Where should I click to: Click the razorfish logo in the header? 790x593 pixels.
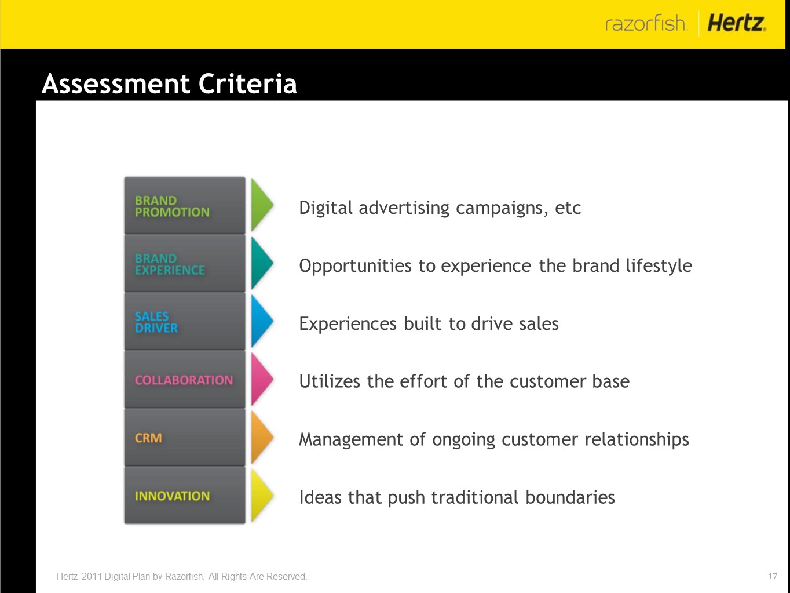(x=646, y=23)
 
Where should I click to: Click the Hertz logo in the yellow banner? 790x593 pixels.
(x=737, y=23)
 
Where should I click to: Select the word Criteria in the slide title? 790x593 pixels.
(x=248, y=83)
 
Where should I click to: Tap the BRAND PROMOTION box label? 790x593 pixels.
(x=172, y=206)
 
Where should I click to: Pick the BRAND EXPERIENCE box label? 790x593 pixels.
(x=170, y=264)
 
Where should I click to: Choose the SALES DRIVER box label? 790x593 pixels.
(x=156, y=322)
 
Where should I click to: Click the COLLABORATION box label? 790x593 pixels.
(x=184, y=380)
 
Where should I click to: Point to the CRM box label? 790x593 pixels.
(x=148, y=438)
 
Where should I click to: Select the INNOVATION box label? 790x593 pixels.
(x=172, y=496)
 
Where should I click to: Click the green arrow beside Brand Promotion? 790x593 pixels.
(x=261, y=205)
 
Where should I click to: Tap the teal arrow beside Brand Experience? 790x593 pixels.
(x=261, y=263)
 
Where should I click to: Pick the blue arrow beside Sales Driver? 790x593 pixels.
(x=261, y=321)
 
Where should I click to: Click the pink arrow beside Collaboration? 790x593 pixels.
(x=261, y=379)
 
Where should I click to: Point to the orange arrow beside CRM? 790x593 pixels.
(x=261, y=437)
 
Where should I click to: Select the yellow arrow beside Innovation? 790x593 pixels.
(x=261, y=496)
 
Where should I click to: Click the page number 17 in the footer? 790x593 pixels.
(x=773, y=576)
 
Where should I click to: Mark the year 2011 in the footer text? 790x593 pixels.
(x=92, y=576)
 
